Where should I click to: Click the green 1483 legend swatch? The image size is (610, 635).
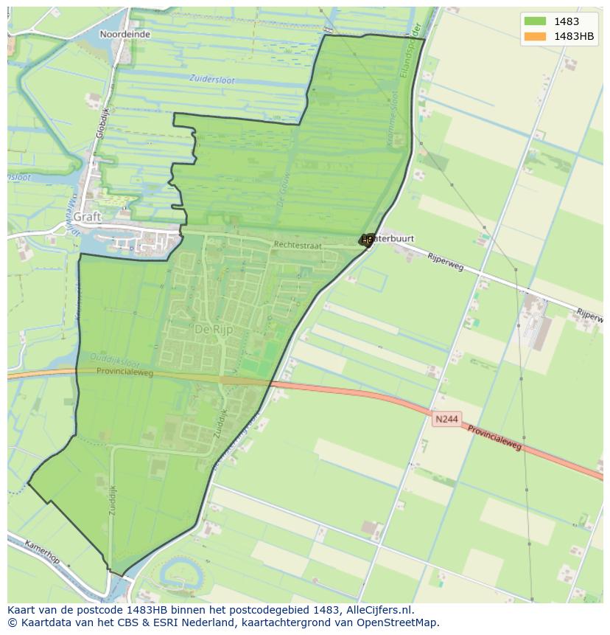coord(535,21)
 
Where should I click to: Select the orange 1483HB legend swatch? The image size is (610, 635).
coord(535,36)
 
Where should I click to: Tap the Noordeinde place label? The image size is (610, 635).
coord(125,34)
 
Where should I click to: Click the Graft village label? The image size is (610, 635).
coord(87,217)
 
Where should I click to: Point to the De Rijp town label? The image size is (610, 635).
coord(214,330)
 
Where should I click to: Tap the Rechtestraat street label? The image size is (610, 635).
coord(298,244)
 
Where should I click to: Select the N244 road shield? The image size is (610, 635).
coord(446,419)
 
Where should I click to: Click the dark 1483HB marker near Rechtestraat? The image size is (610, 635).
coord(366,240)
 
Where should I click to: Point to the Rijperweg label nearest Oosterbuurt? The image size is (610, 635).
coord(446,261)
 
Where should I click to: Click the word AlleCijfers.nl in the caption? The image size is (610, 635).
coord(382,610)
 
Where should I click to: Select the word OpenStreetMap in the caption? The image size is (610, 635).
coord(399,622)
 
